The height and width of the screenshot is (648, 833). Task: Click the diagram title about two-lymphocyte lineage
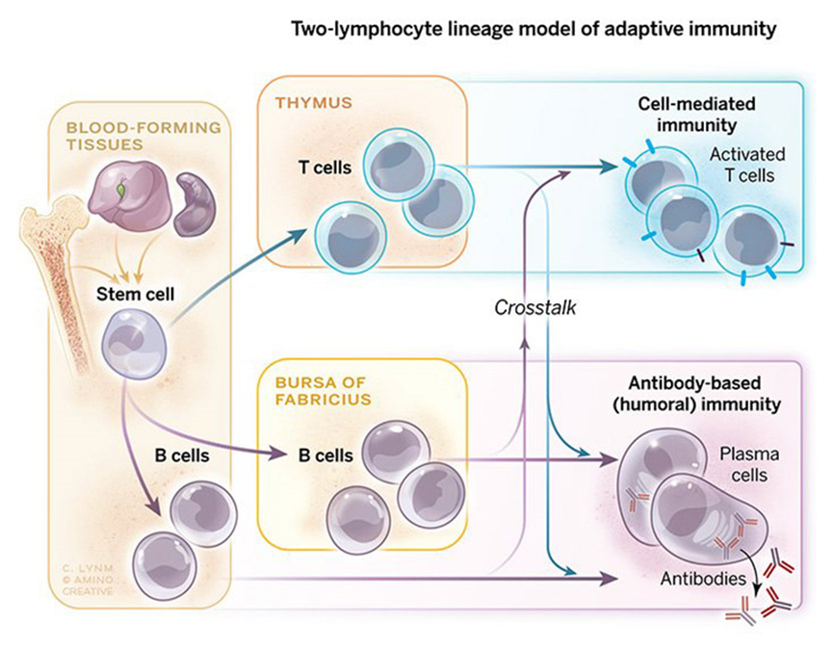pyautogui.click(x=533, y=30)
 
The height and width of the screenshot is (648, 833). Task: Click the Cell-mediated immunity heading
pyautogui.click(x=697, y=114)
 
